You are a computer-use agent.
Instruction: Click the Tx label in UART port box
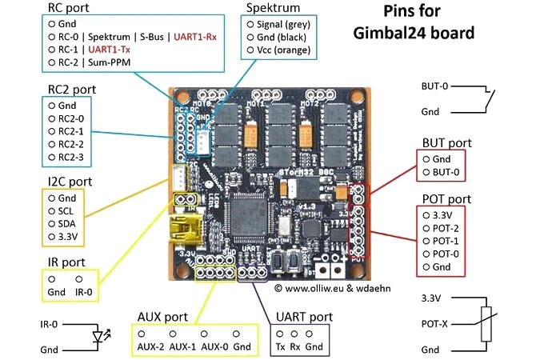pos(279,346)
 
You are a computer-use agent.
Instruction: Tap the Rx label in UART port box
pos(295,346)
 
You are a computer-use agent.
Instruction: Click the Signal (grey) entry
pos(290,23)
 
